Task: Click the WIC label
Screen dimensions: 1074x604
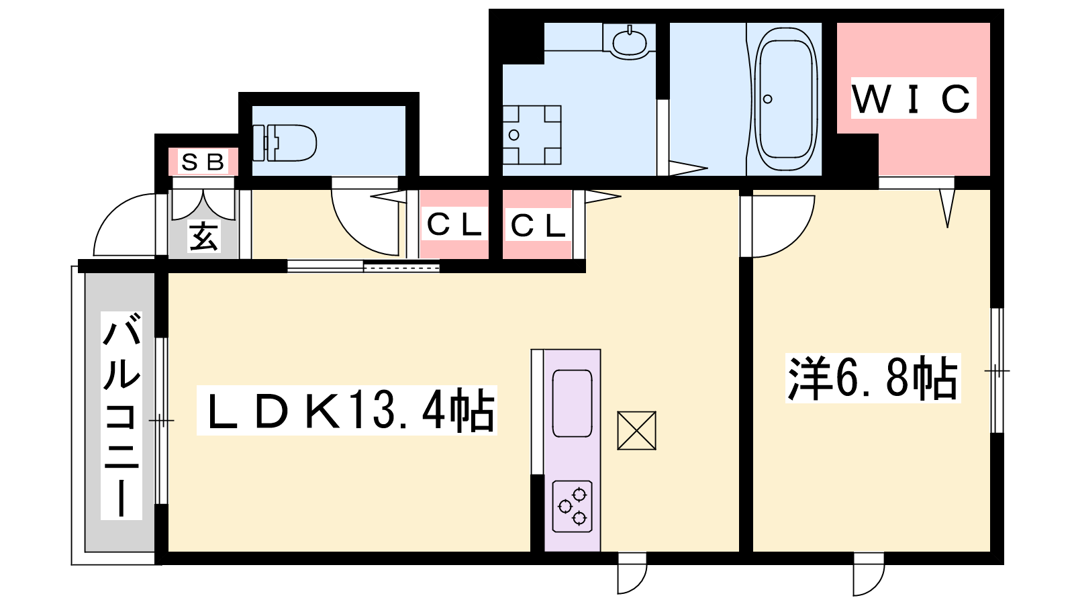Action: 913,99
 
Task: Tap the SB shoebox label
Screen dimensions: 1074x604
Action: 203,162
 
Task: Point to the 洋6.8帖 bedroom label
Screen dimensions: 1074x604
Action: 873,378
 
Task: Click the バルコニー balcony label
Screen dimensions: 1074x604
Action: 121,415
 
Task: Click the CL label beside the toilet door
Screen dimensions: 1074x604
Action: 454,225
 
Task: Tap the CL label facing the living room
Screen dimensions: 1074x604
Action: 538,225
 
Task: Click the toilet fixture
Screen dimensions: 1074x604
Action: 285,143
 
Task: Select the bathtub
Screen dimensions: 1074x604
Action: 785,99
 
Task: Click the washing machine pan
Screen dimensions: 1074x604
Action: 532,135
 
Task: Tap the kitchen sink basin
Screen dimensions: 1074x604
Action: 572,403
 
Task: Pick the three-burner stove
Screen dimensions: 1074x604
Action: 572,507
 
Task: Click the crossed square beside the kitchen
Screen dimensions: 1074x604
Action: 637,430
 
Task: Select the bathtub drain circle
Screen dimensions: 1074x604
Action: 768,99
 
